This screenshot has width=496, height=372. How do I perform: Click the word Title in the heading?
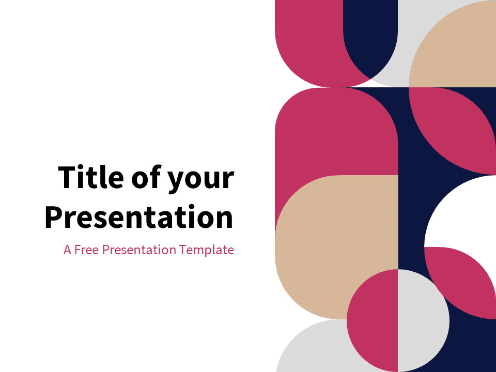[x=91, y=177]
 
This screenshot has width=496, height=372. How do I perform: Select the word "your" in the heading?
[x=200, y=181]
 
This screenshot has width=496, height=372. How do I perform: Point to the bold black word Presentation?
[x=139, y=217]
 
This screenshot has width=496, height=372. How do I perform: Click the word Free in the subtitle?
[x=87, y=250]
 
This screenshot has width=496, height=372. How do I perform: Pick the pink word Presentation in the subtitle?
[x=139, y=250]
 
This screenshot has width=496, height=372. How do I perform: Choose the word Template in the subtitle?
[x=207, y=250]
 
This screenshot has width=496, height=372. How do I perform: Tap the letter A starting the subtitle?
[x=67, y=250]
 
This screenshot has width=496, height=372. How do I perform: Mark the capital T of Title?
[x=67, y=177]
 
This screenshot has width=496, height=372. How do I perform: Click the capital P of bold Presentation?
[x=53, y=217]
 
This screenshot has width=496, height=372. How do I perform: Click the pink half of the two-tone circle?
[x=373, y=320]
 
